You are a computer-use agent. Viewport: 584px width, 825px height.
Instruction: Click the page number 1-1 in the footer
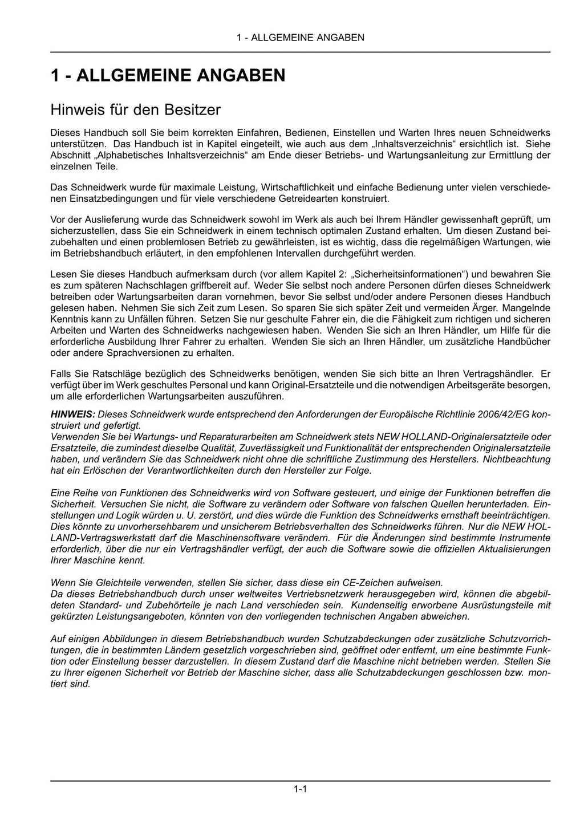(301, 789)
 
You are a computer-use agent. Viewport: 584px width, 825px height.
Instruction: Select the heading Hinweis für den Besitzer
(135, 108)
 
